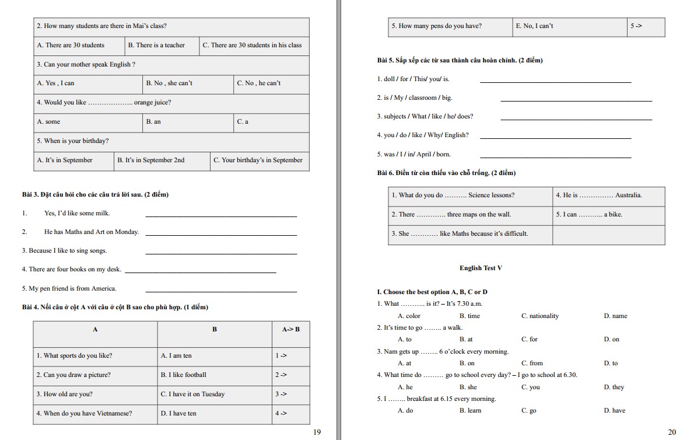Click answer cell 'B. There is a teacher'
point(156,45)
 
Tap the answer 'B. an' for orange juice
point(154,122)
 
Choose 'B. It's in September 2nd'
point(151,160)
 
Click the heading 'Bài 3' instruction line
point(95,194)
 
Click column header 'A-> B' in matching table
point(290,329)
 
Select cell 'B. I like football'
point(184,375)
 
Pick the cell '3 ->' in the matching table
point(281,394)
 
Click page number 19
point(317,432)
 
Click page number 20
point(672,432)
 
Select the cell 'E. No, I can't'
point(535,26)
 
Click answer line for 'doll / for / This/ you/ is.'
point(555,81)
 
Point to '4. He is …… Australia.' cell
point(598,195)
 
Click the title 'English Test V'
point(481,268)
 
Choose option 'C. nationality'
point(539,316)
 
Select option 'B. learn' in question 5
point(470,411)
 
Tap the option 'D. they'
point(614,387)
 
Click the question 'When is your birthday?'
point(73,141)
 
